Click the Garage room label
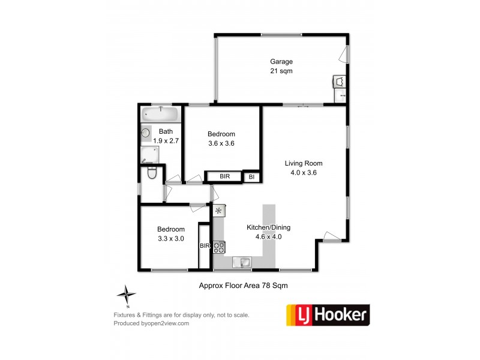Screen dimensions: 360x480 point(281,61)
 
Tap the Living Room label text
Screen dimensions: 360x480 point(303,163)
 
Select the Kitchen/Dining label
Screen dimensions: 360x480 point(265,227)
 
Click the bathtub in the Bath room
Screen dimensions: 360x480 point(161,114)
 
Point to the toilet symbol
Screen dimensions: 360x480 point(152,173)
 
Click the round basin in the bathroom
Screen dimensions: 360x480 point(146,133)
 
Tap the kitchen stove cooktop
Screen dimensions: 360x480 point(219,247)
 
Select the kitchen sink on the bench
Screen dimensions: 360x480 point(244,262)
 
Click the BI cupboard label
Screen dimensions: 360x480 point(252,177)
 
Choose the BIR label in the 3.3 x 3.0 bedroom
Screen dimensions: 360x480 point(205,245)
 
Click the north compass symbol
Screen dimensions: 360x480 point(127,293)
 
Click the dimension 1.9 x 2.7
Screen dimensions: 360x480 point(166,140)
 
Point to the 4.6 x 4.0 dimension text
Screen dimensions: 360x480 point(265,236)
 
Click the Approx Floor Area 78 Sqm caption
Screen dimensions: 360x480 point(243,286)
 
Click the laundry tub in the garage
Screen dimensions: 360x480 point(340,81)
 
